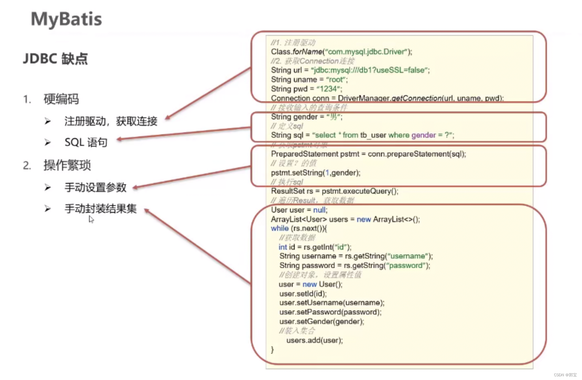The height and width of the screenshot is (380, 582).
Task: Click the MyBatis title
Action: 66,19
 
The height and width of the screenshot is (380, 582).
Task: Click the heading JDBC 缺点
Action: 55,59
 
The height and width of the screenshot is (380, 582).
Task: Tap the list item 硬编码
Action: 61,99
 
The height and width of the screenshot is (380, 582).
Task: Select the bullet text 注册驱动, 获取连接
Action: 111,121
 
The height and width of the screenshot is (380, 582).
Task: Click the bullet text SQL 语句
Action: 86,142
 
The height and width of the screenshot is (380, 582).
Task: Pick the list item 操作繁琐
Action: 67,165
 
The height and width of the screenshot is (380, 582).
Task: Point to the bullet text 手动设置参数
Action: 95,187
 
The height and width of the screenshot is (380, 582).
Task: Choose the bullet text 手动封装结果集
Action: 100,209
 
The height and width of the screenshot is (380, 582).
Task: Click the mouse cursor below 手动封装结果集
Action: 91,219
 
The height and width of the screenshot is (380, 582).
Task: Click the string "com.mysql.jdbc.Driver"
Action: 366,52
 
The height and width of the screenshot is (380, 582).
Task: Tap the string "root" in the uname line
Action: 336,80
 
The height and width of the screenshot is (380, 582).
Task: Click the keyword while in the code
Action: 280,228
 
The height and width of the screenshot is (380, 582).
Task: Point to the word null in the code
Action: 319,210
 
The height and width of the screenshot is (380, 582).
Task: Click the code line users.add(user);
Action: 314,340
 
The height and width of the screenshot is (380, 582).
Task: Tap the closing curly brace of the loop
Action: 272,350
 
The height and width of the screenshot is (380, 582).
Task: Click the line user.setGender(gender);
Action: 321,321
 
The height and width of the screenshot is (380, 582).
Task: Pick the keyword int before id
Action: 283,247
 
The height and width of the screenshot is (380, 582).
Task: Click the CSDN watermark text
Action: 565,375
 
